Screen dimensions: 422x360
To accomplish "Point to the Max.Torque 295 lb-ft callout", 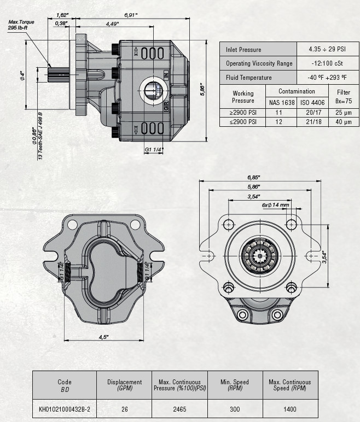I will pos(21,25).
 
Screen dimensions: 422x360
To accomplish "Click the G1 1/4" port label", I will pos(154,149).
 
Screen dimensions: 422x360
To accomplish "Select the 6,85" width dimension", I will pos(253,177).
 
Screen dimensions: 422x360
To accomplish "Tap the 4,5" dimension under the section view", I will pos(103,337).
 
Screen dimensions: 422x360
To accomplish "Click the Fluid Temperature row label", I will pos(249,78).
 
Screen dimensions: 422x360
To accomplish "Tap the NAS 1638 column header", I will pos(281,102).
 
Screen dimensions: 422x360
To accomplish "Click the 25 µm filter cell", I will pos(343,112).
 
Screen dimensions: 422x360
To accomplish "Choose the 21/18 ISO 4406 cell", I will pos(312,121).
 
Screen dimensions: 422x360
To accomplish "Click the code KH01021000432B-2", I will pos(65,408).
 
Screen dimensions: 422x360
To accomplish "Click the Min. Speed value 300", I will pos(235,408).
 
